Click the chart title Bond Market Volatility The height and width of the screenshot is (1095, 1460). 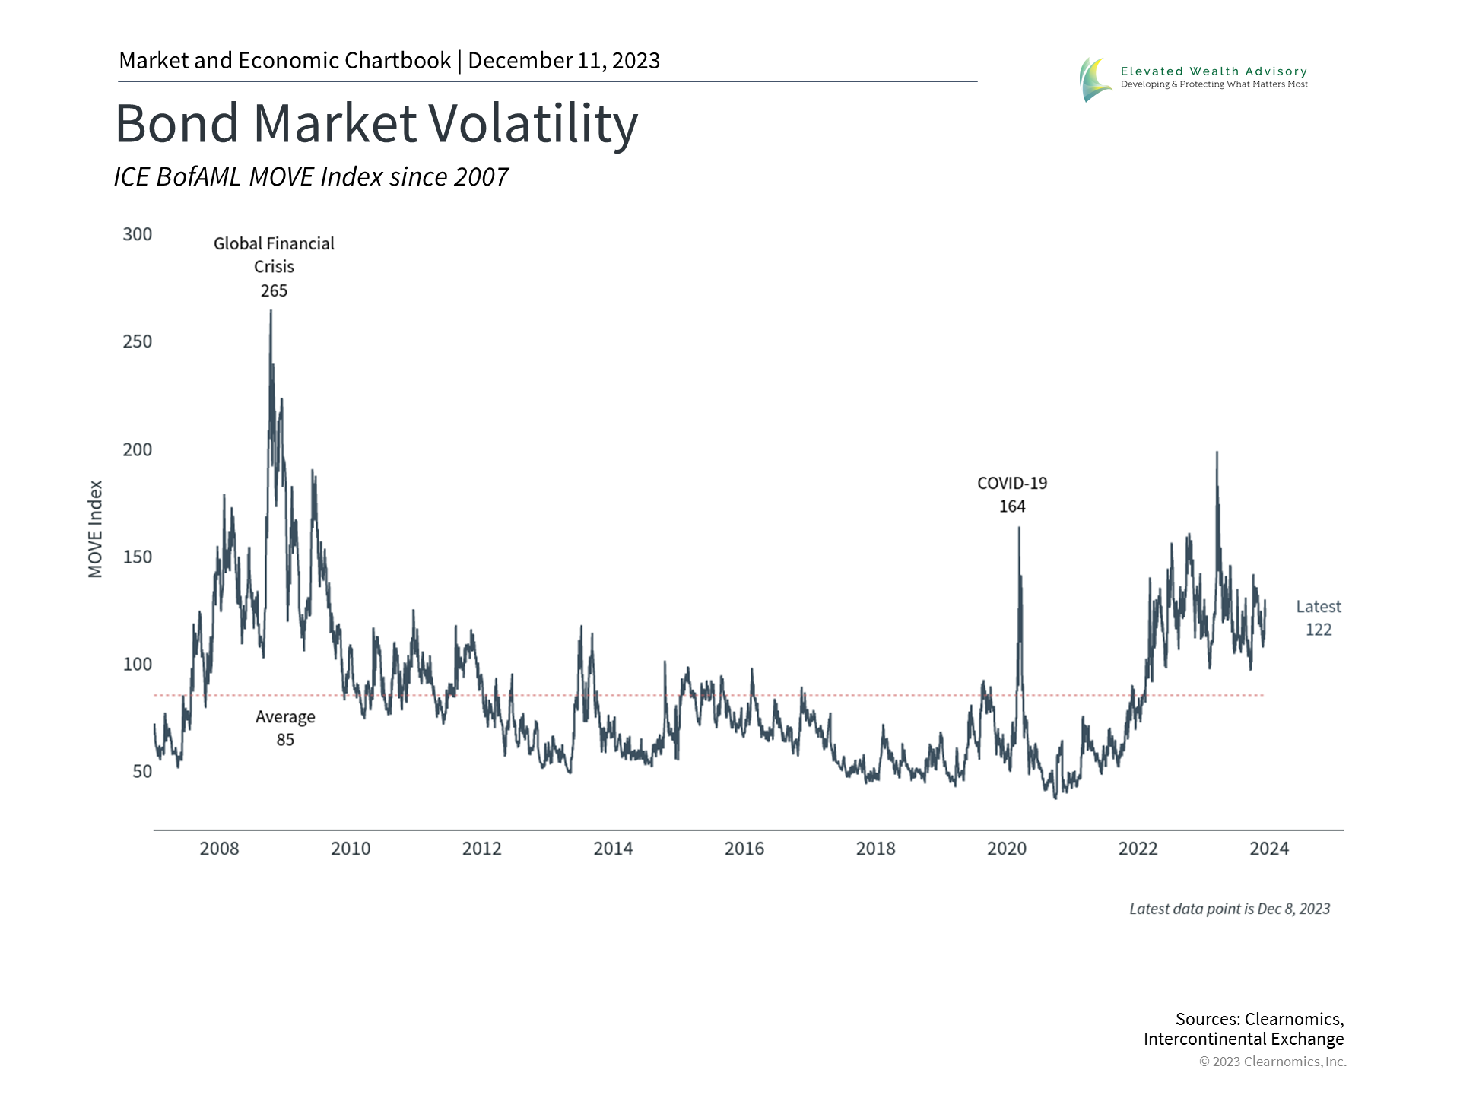pos(376,124)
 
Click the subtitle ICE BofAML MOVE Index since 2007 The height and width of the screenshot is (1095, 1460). pos(311,177)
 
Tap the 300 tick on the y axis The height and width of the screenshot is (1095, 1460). pos(138,234)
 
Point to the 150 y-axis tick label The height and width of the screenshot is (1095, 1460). pos(138,557)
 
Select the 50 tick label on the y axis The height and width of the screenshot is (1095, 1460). pos(142,771)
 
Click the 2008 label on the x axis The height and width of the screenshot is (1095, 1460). pos(219,849)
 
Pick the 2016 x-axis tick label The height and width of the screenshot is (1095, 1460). pos(744,849)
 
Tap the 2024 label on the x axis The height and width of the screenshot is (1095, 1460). pos(1268,849)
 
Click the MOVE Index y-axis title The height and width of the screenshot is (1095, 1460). pos(96,528)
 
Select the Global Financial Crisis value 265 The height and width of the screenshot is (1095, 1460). pos(274,291)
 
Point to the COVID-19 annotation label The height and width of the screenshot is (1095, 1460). pos(1012,484)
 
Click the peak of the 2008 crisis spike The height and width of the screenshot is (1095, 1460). pos(271,311)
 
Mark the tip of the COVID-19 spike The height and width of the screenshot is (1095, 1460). pos(1019,528)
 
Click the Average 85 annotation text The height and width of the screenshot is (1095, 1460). pos(285,728)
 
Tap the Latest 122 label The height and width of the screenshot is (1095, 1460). pos(1319,617)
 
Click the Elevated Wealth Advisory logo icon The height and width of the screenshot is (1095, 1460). pos(1096,79)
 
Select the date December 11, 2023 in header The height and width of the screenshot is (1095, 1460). pos(563,61)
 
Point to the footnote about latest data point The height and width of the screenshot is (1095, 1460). pos(1230,909)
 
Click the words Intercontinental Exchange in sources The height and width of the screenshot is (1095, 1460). pos(1243,1039)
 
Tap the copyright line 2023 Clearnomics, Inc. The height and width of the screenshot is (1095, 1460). pos(1272,1062)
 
